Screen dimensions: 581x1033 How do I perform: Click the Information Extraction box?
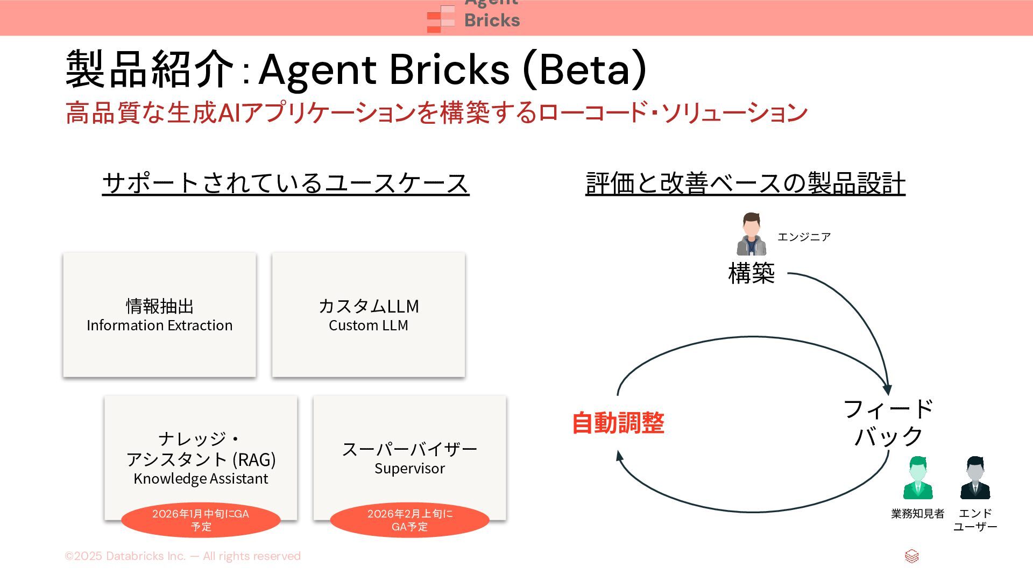159,315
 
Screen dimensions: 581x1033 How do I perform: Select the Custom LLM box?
369,315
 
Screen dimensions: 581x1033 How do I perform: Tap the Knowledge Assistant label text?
201,479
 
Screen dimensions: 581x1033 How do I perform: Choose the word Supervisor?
409,469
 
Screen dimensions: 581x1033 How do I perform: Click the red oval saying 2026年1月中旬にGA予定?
201,520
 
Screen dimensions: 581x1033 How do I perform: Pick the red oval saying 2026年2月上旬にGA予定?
409,520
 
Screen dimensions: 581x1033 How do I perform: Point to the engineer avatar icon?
751,234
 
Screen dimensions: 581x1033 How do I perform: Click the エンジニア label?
804,237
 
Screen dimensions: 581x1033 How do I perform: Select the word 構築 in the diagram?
751,273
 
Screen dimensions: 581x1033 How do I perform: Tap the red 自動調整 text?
618,423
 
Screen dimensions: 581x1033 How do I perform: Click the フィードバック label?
888,422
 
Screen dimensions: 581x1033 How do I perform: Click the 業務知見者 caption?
917,514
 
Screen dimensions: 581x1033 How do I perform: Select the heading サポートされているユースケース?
286,183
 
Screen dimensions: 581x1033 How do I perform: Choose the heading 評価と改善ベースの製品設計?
745,183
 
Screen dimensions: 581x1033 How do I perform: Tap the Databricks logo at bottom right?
911,556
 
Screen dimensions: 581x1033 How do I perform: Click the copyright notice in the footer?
182,556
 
